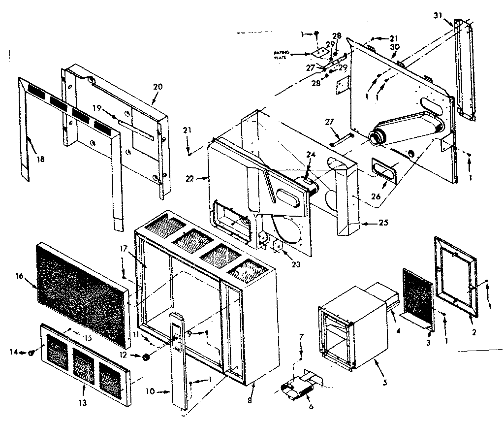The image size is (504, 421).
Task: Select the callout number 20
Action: (x=157, y=86)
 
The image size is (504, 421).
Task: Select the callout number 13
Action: (x=83, y=402)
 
